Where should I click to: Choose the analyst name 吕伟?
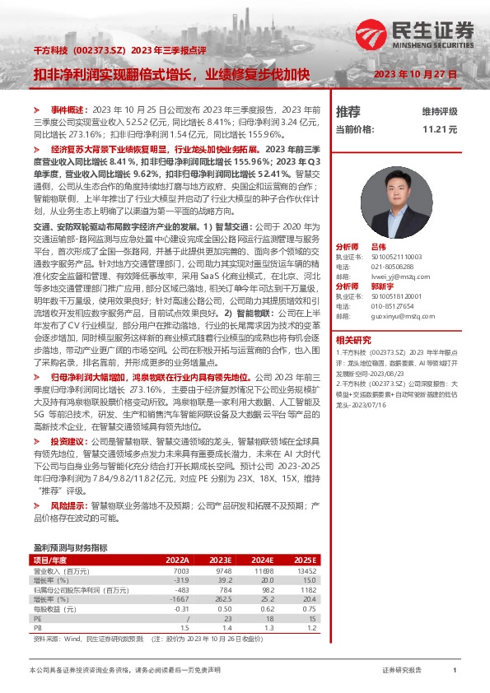[x=378, y=247]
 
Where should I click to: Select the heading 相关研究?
[x=353, y=339]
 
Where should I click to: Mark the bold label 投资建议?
[x=67, y=442]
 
